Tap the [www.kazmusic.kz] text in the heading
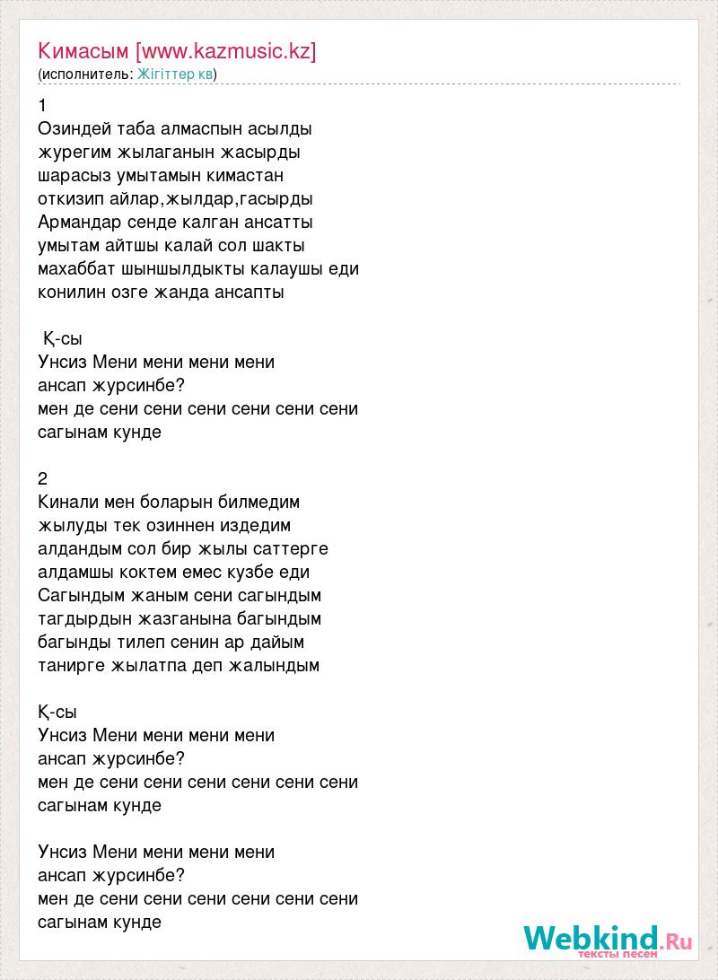(x=225, y=51)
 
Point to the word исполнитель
(x=86, y=74)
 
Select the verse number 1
(x=43, y=106)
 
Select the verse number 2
(x=43, y=479)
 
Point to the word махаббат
(x=77, y=269)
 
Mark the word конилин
(x=70, y=293)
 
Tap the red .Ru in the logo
(x=679, y=941)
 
